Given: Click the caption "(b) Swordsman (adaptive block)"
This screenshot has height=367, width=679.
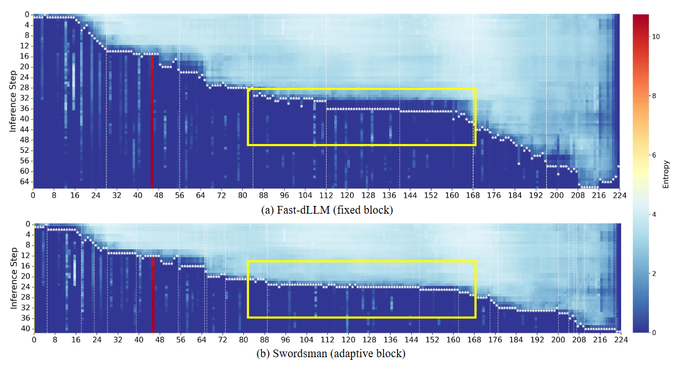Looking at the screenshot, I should pos(330,354).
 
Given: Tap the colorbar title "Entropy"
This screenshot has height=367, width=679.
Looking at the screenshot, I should pos(667,174).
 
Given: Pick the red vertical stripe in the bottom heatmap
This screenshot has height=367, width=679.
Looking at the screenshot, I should pos(153,294).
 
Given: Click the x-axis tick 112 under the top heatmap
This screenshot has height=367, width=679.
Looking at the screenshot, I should pos(326,196).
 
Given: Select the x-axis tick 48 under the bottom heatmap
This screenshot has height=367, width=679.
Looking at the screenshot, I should pos(160,340).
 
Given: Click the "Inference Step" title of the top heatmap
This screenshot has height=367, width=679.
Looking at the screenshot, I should pos(12,101).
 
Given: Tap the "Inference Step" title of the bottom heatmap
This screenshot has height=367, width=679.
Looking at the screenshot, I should pos(12,278).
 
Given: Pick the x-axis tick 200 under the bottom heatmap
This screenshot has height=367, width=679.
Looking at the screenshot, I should pos(558,340).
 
